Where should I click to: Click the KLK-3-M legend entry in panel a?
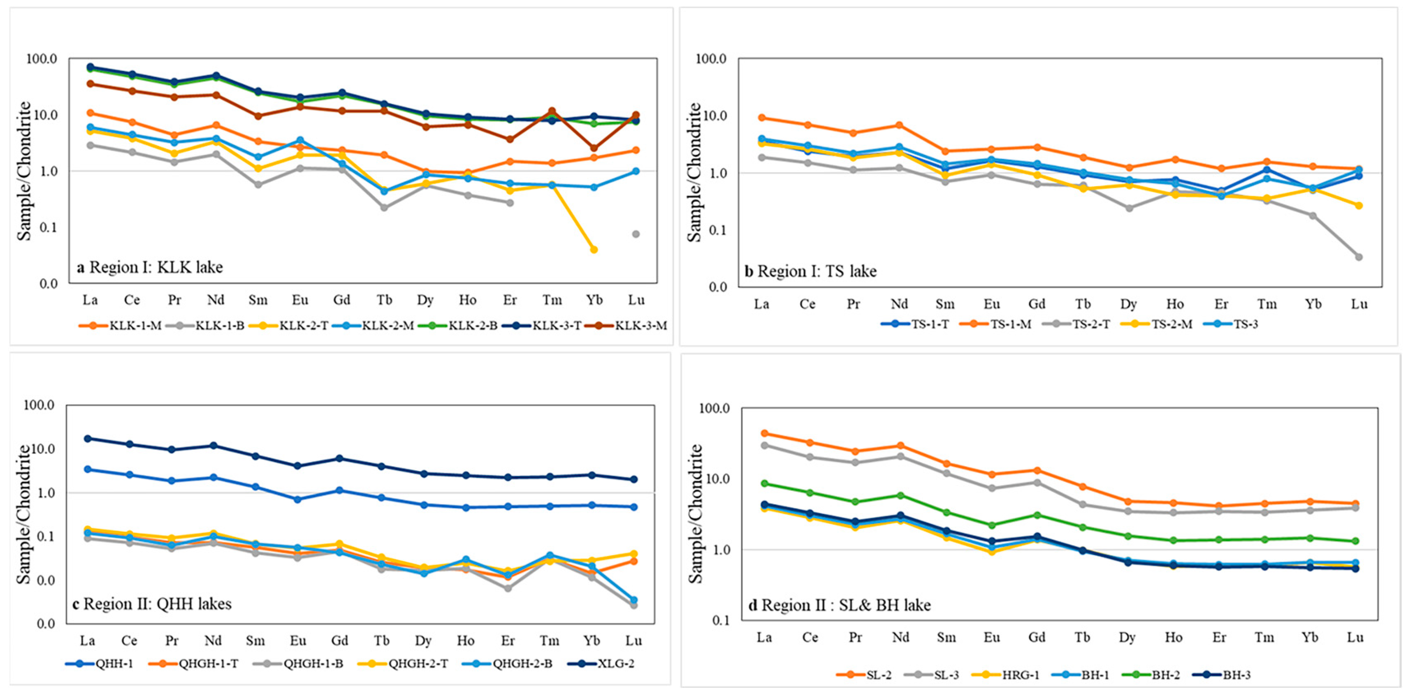tap(640, 326)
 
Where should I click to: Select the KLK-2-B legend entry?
tap(472, 326)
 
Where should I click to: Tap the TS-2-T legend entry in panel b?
tap(1090, 324)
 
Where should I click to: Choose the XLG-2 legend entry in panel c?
tap(615, 664)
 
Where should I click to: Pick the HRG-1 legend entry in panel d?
tap(1020, 675)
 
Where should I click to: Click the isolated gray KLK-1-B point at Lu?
tap(636, 234)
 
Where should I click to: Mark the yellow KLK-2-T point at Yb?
tap(594, 250)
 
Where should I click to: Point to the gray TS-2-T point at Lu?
tap(1359, 257)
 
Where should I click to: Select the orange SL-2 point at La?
tap(764, 434)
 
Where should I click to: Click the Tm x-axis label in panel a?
tap(552, 300)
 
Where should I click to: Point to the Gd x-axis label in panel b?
tap(1037, 304)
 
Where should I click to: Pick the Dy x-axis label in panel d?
tap(1127, 638)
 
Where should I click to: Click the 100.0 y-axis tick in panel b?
tap(710, 58)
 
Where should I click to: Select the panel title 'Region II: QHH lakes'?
tap(153, 604)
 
